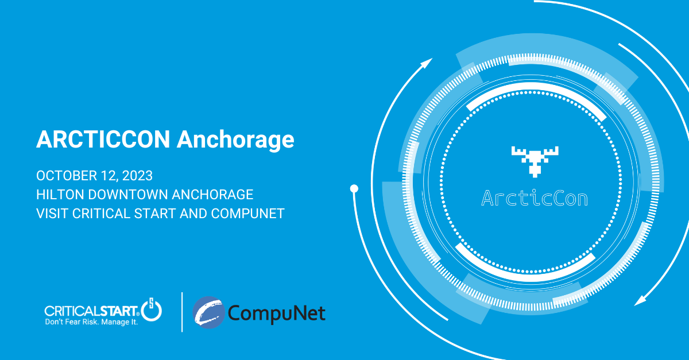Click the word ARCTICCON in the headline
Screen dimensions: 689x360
click(x=103, y=140)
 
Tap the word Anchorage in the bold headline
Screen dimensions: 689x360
click(x=235, y=140)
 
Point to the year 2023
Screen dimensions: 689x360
click(x=137, y=176)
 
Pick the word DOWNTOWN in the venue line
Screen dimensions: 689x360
click(x=127, y=195)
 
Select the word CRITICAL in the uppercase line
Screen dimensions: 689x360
click(x=101, y=214)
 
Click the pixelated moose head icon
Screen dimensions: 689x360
click(x=535, y=161)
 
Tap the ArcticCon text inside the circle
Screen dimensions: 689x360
click(x=535, y=198)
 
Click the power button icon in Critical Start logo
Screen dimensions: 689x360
click(x=152, y=309)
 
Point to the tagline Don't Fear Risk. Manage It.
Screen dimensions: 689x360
click(x=91, y=322)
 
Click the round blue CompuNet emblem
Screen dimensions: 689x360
click(x=209, y=312)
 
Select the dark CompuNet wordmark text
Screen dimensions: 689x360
click(x=277, y=313)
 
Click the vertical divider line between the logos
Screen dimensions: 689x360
click(x=182, y=312)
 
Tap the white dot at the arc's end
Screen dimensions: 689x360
click(x=354, y=188)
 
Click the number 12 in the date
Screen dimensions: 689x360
click(x=108, y=176)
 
